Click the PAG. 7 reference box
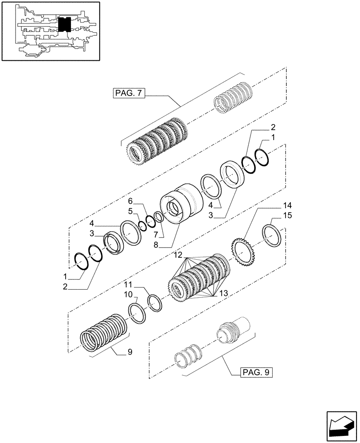tap(129, 93)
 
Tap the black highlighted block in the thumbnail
tap(65, 24)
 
